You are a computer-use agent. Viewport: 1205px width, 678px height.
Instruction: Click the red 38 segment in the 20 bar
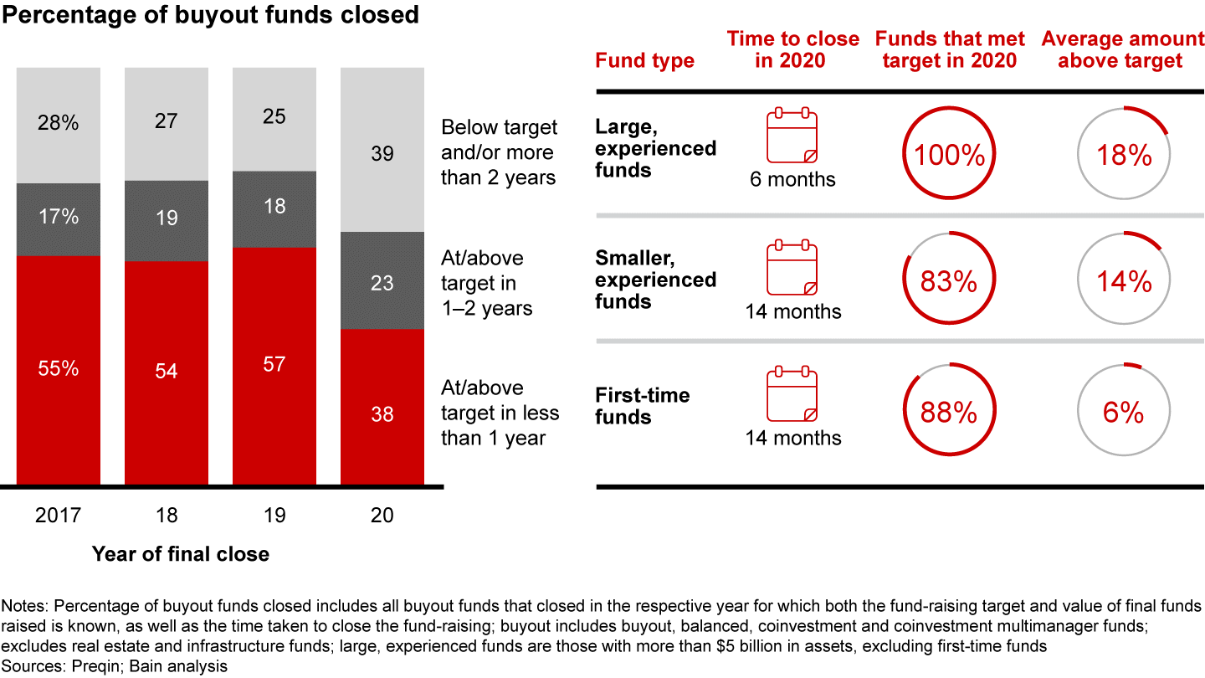pyautogui.click(x=382, y=407)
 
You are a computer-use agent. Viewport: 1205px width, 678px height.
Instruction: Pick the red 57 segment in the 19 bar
pyautogui.click(x=274, y=365)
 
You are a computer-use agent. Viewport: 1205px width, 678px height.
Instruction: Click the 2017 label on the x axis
pyautogui.click(x=59, y=515)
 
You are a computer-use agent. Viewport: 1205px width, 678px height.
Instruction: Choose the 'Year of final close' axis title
pyautogui.click(x=181, y=553)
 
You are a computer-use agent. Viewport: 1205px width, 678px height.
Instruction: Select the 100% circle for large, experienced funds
pyautogui.click(x=949, y=155)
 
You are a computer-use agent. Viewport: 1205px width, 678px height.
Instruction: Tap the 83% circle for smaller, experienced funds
pyautogui.click(x=949, y=281)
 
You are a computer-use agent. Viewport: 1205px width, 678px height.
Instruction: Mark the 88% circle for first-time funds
pyautogui.click(x=949, y=412)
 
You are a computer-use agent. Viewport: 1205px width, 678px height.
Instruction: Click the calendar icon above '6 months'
pyautogui.click(x=792, y=135)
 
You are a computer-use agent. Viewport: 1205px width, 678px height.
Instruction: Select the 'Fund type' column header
pyautogui.click(x=644, y=60)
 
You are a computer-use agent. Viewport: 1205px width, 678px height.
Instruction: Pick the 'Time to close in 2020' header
pyautogui.click(x=792, y=49)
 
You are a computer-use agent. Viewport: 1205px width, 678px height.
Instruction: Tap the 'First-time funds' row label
pyautogui.click(x=643, y=405)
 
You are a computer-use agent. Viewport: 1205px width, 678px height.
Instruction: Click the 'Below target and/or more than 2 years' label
pyautogui.click(x=499, y=152)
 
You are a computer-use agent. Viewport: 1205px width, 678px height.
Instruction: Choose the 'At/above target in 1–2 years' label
pyautogui.click(x=487, y=283)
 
